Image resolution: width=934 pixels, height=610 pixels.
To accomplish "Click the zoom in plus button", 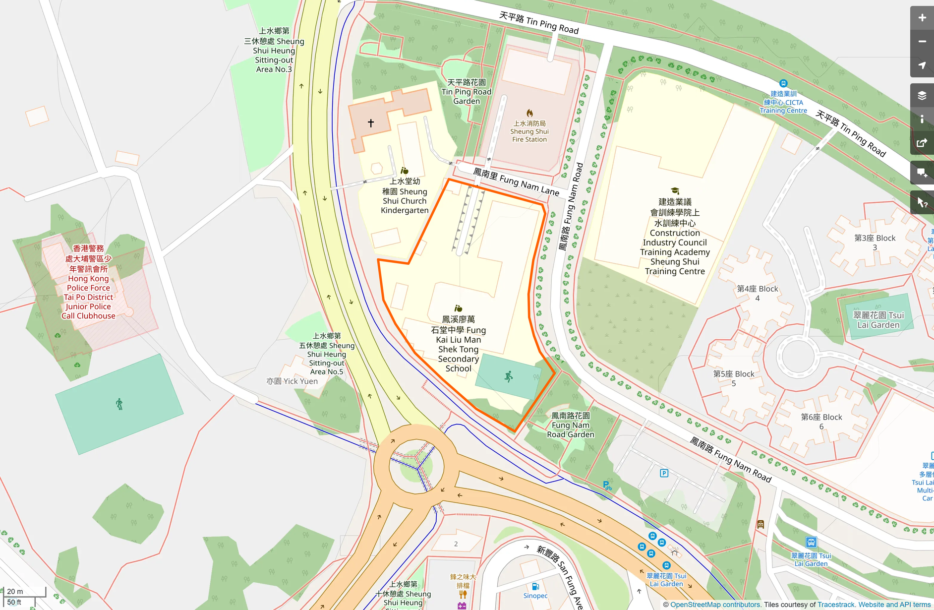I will tap(922, 18).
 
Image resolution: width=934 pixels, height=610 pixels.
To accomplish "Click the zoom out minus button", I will tap(922, 42).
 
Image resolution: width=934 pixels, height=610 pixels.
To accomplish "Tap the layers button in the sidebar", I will tap(922, 96).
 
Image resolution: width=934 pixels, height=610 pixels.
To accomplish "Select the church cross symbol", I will tap(371, 123).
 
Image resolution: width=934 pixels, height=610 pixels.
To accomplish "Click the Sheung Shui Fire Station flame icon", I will tap(529, 114).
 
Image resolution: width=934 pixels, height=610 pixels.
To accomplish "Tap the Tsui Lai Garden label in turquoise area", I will tap(878, 320).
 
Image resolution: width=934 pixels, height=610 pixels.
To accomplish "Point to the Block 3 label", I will tap(875, 243).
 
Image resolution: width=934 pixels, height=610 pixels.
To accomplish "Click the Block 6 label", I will tap(821, 422).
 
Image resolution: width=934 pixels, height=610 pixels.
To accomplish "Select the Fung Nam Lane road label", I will tap(516, 182).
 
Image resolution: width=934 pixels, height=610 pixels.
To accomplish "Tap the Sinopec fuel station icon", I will tap(535, 587).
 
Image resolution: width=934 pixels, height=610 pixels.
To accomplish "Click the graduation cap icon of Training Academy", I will tap(675, 191).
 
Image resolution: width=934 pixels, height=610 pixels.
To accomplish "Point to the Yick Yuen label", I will tap(292, 381).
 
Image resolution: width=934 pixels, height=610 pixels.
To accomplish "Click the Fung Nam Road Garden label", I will tap(570, 425).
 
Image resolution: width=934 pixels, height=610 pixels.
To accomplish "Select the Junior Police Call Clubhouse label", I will tap(88, 282).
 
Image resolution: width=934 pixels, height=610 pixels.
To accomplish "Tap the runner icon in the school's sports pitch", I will tap(509, 376).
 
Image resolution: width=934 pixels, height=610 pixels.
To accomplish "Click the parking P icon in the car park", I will tap(664, 473).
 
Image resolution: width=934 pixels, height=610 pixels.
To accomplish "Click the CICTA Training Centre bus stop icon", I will tap(783, 83).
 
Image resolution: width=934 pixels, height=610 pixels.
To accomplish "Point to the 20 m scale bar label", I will tap(15, 591).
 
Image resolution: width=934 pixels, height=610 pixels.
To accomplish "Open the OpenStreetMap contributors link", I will tap(715, 605).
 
